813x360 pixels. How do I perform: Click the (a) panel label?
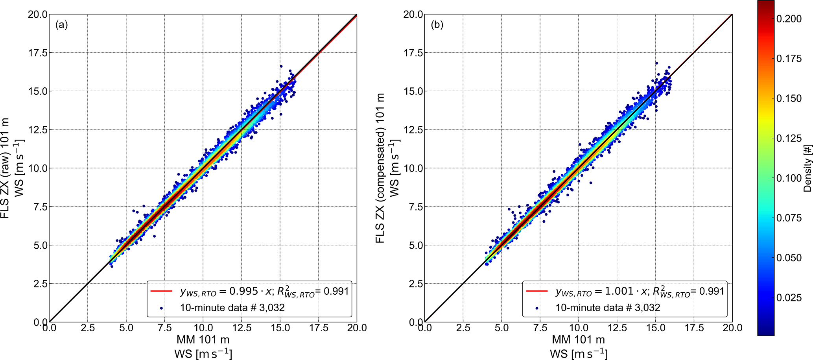point(61,25)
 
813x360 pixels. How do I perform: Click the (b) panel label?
point(437,25)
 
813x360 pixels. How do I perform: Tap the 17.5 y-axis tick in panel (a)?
point(37,53)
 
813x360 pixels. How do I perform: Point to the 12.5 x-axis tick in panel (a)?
point(241,328)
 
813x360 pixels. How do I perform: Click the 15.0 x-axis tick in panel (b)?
point(655,328)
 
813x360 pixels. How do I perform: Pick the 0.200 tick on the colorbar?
point(789,19)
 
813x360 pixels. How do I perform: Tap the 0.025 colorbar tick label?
point(789,297)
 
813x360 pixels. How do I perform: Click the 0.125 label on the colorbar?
point(789,138)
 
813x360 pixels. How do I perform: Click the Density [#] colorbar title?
point(807,168)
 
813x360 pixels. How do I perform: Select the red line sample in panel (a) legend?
point(161,291)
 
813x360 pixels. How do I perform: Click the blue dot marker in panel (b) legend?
point(537,308)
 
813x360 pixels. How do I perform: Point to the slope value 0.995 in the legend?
point(243,291)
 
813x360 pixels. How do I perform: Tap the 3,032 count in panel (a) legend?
point(272,308)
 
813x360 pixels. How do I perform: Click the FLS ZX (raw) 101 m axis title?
point(5,168)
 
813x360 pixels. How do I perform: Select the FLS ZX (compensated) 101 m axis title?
point(380,168)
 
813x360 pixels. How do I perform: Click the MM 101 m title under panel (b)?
point(578,340)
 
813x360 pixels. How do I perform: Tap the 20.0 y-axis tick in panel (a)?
point(37,15)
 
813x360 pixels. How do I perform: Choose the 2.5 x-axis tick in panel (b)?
point(463,328)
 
